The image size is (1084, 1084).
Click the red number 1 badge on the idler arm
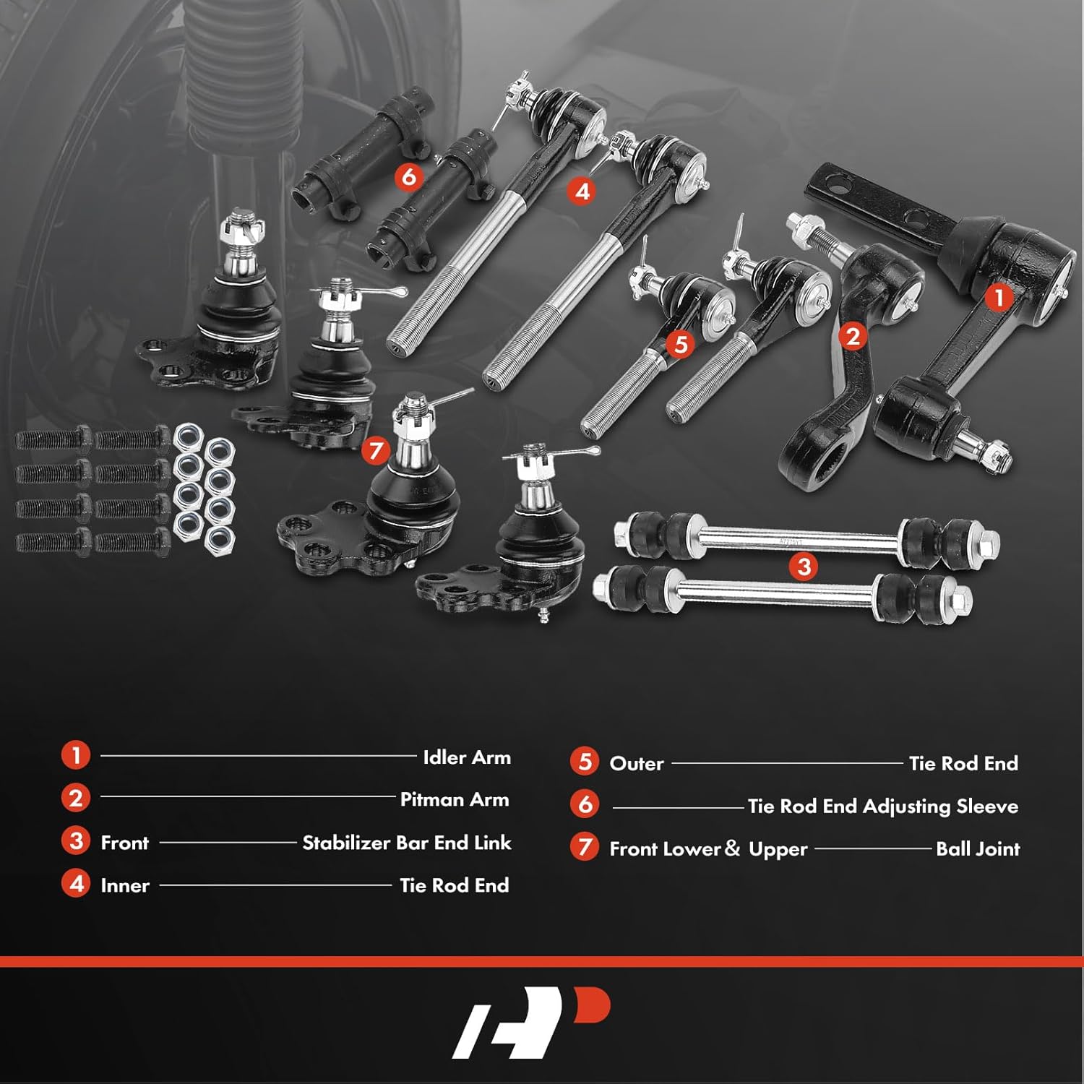pos(999,297)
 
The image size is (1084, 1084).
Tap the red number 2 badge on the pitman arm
pos(853,336)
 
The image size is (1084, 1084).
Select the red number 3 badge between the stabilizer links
pos(804,566)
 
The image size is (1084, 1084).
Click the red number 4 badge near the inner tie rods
pos(582,191)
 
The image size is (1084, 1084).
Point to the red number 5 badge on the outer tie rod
pos(680,345)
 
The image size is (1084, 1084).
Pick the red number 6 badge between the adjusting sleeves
pos(409,176)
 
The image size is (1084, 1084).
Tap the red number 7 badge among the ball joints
pos(375,451)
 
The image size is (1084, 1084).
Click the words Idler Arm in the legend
pos(467,757)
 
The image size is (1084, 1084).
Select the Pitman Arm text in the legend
pos(455,799)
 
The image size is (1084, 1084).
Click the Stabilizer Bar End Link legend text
pos(406,843)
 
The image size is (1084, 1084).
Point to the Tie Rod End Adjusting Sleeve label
pos(882,806)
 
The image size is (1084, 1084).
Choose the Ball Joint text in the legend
pos(977,848)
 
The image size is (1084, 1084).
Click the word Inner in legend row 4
pos(125,885)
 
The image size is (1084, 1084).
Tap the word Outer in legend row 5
pos(636,763)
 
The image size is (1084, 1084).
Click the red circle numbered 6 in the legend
pos(584,804)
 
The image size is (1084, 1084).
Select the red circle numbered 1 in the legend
pos(76,756)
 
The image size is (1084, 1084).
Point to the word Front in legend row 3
pos(124,843)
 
